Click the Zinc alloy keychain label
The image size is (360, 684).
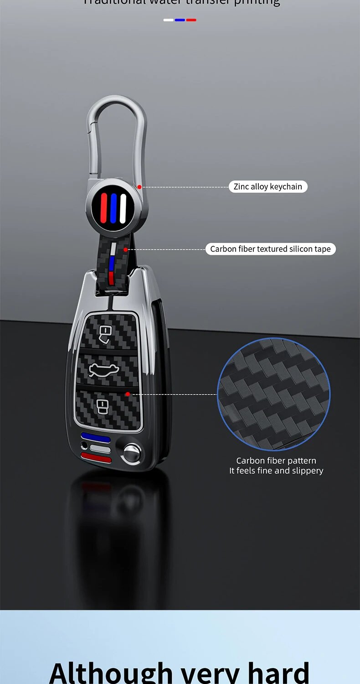268,187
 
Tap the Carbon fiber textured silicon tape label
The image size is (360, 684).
270,249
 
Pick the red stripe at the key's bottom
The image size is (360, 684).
95,458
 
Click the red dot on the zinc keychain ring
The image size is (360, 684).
139,187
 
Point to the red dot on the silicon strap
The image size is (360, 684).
125,249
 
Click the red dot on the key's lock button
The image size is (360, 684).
128,394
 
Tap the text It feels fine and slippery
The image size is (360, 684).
276,471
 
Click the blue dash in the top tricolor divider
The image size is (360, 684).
180,20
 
